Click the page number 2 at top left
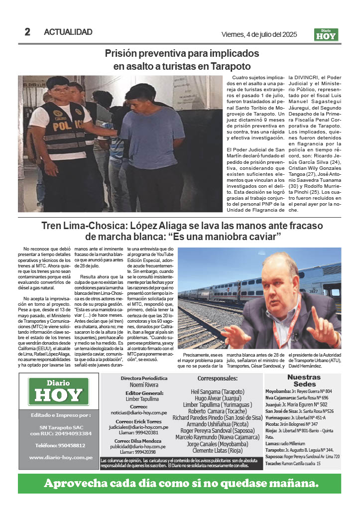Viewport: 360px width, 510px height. (27, 32)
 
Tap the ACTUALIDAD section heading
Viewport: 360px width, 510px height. (68, 32)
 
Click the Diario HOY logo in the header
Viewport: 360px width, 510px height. (326, 34)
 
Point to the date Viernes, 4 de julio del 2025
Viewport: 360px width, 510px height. (259, 34)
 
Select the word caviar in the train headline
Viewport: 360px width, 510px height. (263, 236)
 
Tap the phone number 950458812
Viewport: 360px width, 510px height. (60, 445)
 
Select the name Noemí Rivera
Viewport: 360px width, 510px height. (144, 385)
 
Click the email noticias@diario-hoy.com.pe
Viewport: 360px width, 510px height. (145, 413)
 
